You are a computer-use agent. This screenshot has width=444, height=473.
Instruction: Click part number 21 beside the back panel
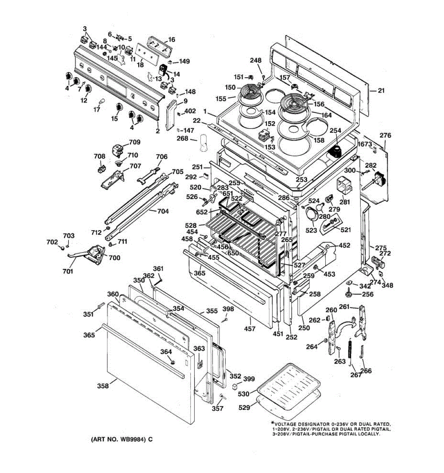tap(381, 91)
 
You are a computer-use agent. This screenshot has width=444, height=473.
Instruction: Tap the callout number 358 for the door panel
tap(103, 386)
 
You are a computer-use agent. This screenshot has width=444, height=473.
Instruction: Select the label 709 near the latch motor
tap(135, 142)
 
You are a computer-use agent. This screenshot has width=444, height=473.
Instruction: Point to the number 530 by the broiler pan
tap(244, 394)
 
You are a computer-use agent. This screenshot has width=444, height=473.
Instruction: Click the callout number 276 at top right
tap(385, 135)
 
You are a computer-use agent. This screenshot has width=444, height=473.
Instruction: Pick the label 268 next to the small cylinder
tap(182, 138)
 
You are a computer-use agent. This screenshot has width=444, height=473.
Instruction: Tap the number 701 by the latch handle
tap(68, 271)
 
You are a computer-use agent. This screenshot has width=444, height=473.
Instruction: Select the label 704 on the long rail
tap(163, 211)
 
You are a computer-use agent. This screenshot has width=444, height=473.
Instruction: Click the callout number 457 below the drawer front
tap(250, 329)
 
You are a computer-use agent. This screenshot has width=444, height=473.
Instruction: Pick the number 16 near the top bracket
tap(172, 39)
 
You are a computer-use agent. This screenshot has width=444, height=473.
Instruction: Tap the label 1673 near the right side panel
tap(365, 144)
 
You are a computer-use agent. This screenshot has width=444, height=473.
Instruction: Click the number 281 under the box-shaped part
tap(345, 202)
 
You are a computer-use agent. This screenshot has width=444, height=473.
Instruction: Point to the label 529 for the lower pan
tap(244, 408)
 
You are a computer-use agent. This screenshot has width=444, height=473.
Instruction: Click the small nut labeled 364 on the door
tap(172, 363)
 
